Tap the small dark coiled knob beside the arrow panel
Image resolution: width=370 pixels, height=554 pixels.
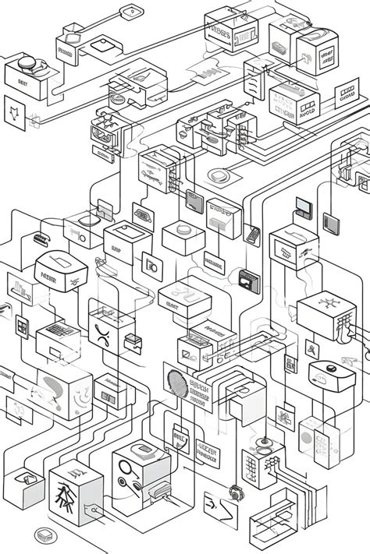point(234,492)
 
